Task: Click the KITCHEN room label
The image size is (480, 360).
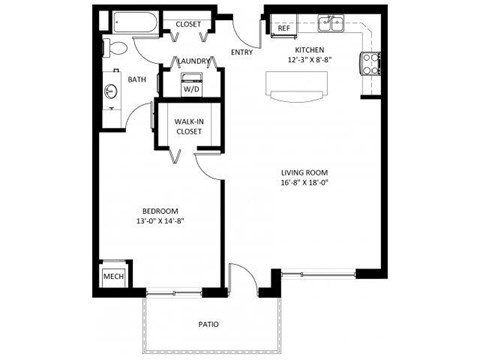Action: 309,49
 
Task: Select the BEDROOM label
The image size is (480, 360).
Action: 159,211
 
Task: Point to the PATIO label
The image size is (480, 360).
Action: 209,324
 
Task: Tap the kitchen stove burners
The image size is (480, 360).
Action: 370,62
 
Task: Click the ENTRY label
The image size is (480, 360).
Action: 241,52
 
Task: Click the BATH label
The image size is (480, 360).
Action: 137,79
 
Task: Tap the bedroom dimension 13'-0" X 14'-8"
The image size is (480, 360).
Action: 159,222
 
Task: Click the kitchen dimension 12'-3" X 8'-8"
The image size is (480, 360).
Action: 309,60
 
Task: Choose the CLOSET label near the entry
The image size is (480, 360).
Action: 187,23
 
